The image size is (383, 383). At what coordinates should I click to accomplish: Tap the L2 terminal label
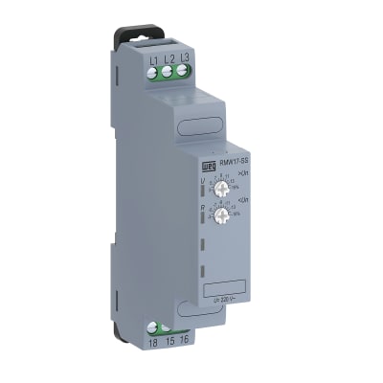click(x=169, y=57)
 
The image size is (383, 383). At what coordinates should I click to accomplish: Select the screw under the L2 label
click(x=169, y=70)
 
